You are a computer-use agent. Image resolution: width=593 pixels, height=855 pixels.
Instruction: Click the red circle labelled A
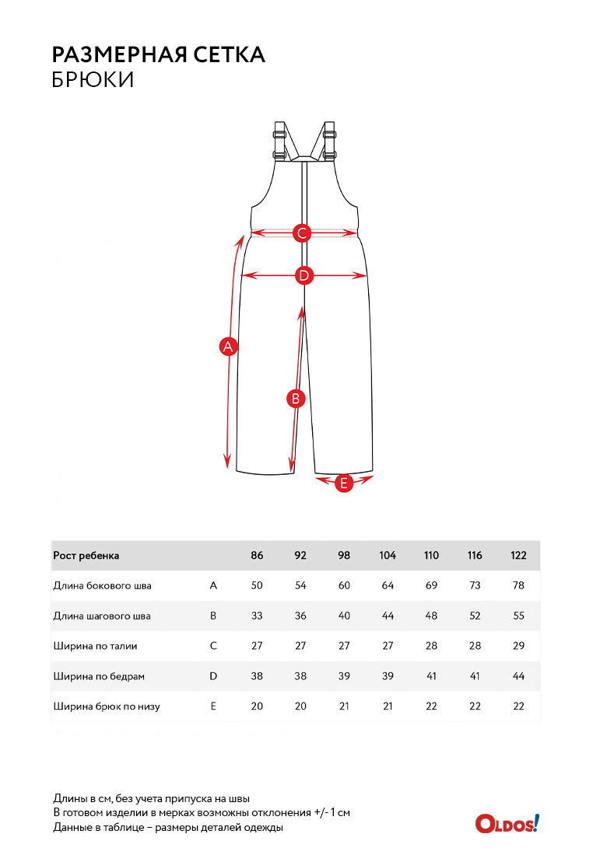click(x=228, y=346)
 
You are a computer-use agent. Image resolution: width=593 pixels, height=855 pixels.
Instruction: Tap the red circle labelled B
click(x=296, y=399)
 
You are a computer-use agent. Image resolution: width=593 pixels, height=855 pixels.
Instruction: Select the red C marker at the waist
click(x=302, y=233)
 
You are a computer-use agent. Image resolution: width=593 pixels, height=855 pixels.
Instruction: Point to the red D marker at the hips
click(x=304, y=275)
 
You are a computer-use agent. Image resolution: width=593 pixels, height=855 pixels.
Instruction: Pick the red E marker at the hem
click(x=343, y=483)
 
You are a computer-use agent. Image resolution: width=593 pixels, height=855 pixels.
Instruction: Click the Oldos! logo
click(x=507, y=823)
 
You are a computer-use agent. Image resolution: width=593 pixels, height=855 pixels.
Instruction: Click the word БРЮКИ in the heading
click(x=93, y=80)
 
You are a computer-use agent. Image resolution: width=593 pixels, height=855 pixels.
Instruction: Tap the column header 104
click(x=388, y=555)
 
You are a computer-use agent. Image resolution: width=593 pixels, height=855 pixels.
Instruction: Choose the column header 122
click(x=519, y=555)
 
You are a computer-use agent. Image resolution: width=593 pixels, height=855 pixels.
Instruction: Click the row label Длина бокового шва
click(x=102, y=585)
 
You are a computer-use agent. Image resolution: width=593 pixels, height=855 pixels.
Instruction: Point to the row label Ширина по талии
click(x=95, y=646)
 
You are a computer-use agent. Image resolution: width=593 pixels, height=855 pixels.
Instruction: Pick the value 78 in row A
click(x=519, y=585)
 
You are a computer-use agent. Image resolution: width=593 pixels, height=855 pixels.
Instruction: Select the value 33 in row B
click(x=257, y=616)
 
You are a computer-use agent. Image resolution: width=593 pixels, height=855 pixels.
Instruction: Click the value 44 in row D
click(x=519, y=676)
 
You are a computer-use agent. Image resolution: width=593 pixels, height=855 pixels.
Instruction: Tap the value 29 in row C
click(x=519, y=646)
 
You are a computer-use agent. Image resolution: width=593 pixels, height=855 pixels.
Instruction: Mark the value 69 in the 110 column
click(x=431, y=585)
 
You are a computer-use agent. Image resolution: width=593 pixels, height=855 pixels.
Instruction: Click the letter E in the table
click(x=213, y=706)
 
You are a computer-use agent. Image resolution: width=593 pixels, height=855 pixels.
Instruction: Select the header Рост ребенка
click(x=86, y=556)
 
